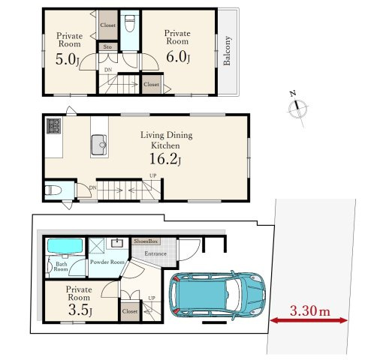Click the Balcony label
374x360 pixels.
click(x=227, y=51)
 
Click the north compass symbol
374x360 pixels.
click(x=298, y=108)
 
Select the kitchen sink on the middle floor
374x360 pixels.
click(x=99, y=145)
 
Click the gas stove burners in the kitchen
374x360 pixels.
click(x=53, y=126)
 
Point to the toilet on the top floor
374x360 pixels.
click(x=129, y=23)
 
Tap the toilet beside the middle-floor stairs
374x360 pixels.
click(x=53, y=190)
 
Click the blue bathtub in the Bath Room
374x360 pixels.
click(x=65, y=246)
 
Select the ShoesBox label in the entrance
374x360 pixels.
click(x=146, y=241)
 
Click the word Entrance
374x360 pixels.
click(x=155, y=253)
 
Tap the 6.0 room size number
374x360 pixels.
click(x=178, y=56)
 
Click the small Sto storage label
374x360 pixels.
click(x=107, y=46)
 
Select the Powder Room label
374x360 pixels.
click(x=107, y=262)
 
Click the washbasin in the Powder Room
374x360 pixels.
click(x=117, y=243)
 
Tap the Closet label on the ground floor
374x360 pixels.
click(x=130, y=311)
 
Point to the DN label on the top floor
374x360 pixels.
click(x=108, y=70)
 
